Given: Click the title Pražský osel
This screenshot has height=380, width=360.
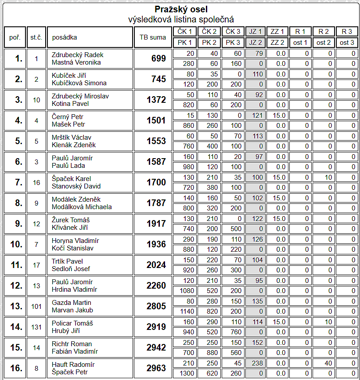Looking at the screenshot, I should point(181,9).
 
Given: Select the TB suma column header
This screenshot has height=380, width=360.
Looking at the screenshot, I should point(152,37).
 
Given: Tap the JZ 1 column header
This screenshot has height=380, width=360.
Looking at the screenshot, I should point(255,32).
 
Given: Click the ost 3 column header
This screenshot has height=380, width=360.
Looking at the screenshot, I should point(347,43).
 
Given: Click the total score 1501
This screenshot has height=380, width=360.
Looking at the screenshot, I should point(156,121).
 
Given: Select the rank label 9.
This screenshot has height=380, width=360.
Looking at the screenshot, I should point(18,224).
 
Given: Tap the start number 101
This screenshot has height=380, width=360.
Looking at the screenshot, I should point(36,307).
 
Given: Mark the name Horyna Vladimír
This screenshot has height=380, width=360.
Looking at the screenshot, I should point(76,241).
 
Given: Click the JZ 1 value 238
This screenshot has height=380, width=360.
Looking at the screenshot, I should point(257,364).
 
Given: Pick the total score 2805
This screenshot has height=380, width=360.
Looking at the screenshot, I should point(156,307).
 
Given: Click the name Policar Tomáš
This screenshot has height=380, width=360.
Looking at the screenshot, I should point(73,323).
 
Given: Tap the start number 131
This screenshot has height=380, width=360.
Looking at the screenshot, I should point(36,327).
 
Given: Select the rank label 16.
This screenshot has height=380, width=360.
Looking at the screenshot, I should point(16,369).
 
